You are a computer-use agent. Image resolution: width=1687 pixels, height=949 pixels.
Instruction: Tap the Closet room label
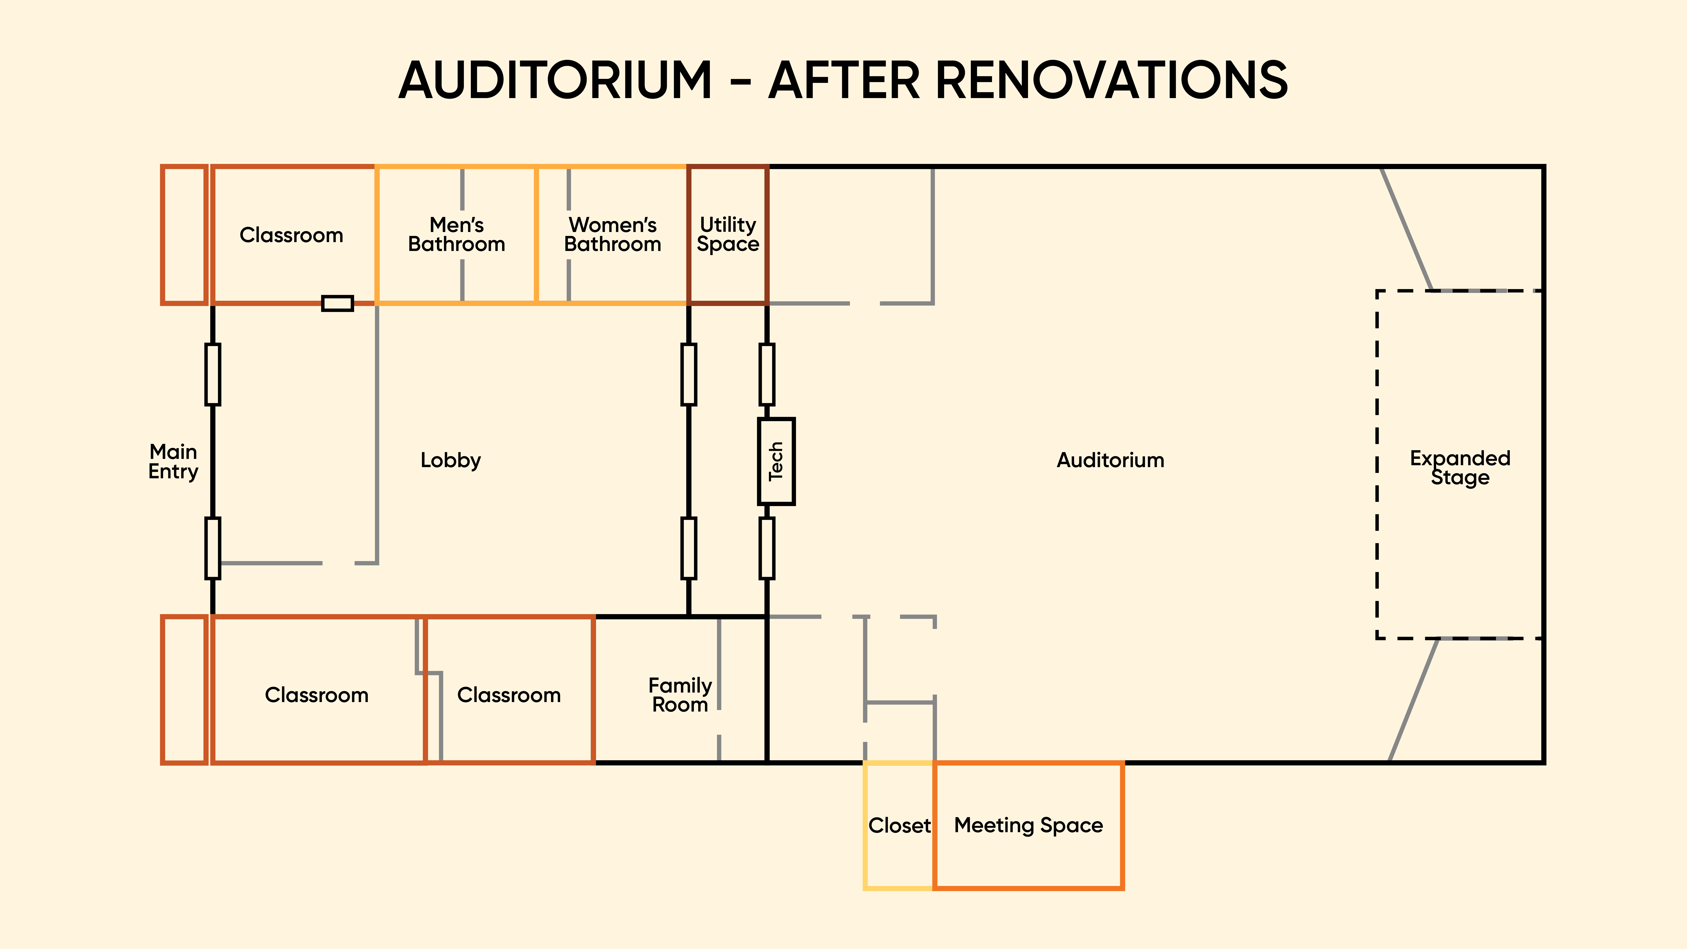pyautogui.click(x=899, y=825)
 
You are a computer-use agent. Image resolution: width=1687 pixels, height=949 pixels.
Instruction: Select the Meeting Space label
pyautogui.click(x=1028, y=825)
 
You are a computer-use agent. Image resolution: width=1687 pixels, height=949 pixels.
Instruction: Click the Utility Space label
pyautogui.click(x=728, y=235)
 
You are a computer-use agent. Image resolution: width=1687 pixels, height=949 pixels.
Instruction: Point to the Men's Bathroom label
pyautogui.click(x=457, y=235)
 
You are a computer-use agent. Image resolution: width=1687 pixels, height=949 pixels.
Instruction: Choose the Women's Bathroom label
pyautogui.click(x=612, y=235)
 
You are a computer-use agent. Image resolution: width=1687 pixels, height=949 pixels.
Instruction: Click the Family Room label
pyautogui.click(x=680, y=695)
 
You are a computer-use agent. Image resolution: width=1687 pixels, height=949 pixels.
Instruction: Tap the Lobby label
pyautogui.click(x=451, y=460)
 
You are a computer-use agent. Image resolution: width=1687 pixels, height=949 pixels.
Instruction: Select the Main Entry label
pyautogui.click(x=173, y=461)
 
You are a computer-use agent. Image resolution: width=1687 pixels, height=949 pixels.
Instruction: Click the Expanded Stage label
pyautogui.click(x=1460, y=468)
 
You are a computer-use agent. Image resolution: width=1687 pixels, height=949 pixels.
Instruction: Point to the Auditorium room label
pyautogui.click(x=1110, y=460)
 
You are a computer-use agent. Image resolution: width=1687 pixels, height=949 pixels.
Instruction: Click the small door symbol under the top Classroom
pyautogui.click(x=337, y=303)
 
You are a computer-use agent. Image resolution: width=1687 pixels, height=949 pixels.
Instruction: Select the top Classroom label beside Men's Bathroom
pyautogui.click(x=291, y=235)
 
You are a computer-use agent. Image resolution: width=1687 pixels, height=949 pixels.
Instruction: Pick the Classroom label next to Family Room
pyautogui.click(x=509, y=695)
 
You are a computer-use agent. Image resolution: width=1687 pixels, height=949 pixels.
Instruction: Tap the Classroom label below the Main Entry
pyautogui.click(x=316, y=695)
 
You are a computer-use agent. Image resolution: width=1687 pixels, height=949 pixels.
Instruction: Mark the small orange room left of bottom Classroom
pyautogui.click(x=184, y=690)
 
